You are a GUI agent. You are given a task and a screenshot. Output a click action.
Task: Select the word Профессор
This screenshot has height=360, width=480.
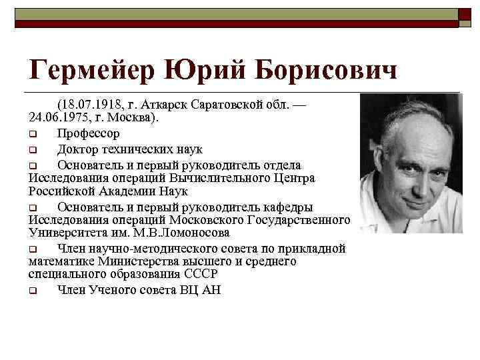[x=89, y=133]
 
